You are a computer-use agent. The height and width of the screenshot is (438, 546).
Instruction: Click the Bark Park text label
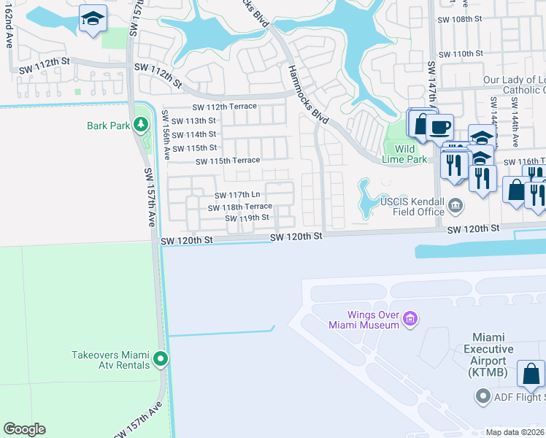click(108, 126)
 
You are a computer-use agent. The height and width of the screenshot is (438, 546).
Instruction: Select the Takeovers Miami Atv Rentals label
click(111, 360)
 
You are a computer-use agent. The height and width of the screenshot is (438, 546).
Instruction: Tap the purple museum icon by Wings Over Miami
click(410, 318)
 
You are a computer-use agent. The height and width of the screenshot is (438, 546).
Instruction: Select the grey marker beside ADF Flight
click(482, 397)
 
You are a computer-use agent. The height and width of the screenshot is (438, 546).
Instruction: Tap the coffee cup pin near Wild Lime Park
click(439, 128)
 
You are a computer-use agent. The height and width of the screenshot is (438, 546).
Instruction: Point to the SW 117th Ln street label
click(237, 195)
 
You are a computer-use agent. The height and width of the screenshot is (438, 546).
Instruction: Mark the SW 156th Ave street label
click(166, 135)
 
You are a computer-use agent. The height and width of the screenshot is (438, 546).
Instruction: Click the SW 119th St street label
click(247, 218)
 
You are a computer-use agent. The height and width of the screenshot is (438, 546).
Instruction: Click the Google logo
click(24, 429)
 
